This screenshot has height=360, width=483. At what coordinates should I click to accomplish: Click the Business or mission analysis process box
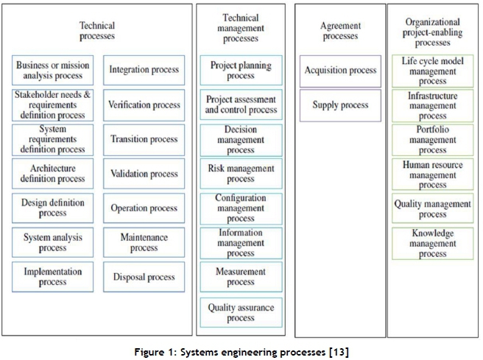52,70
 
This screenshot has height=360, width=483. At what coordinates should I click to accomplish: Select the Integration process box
144,70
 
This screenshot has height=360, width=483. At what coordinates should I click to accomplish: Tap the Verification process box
144,105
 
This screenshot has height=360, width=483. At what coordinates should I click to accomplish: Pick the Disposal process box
144,278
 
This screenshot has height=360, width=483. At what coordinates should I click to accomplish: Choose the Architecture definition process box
52,174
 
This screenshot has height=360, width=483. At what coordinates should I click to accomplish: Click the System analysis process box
52,243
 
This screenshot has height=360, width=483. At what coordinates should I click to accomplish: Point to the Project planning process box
240,70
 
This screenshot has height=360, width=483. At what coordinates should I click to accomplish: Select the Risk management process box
240,174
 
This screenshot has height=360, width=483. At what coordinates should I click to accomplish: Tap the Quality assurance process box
240,312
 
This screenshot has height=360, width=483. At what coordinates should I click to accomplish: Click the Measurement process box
240,278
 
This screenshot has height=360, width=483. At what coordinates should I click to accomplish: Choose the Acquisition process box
340,70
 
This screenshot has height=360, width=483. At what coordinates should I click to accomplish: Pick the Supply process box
340,105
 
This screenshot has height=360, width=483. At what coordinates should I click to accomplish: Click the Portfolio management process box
432,140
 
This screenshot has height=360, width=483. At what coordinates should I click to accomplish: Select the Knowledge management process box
432,243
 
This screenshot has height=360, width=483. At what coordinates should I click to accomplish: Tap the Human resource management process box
432,174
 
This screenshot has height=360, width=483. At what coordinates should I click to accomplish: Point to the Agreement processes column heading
340,31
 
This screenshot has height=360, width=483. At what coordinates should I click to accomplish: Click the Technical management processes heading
240,28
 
